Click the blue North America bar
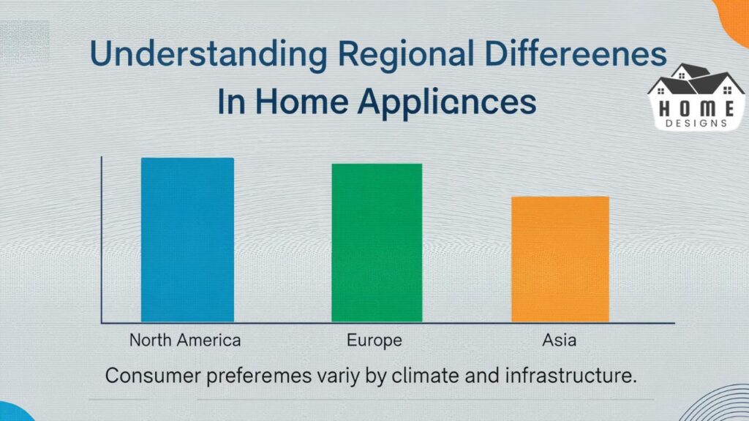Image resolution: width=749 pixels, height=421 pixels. (187, 240)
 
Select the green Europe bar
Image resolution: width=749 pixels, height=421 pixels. (377, 243)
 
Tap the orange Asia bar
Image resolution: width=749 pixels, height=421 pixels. (560, 259)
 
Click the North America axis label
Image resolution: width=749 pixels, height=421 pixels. (185, 340)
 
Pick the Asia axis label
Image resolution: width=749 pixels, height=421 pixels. (560, 340)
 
